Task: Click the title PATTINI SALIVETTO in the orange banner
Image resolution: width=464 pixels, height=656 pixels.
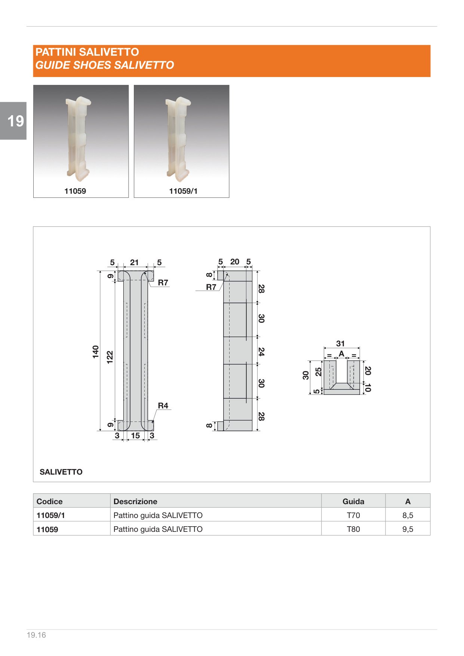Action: [x=87, y=52]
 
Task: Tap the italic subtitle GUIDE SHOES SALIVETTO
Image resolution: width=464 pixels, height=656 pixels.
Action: [x=105, y=65]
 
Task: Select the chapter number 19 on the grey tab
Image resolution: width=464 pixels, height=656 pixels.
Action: [x=15, y=121]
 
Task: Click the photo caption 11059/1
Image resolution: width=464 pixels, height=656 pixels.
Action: [x=183, y=191]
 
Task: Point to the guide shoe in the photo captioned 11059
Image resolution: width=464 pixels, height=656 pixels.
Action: [x=78, y=137]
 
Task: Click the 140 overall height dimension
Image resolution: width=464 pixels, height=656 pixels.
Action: [x=96, y=352]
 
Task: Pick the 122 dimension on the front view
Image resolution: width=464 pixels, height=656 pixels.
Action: [x=110, y=357]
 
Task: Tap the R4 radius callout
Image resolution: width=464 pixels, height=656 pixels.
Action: [x=163, y=405]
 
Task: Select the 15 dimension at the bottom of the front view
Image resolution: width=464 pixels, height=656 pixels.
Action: [x=135, y=436]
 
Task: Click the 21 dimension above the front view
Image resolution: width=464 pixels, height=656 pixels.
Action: [x=134, y=263]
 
